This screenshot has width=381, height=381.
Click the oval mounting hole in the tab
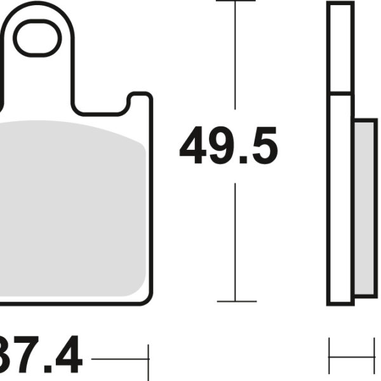pos(38,39)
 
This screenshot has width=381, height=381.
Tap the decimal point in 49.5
pos(243,161)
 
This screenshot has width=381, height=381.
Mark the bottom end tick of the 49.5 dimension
pos(236,301)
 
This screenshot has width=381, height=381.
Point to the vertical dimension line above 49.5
pos(236,57)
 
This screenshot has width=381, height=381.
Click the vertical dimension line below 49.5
pos(236,241)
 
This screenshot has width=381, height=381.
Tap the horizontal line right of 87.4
pos(119,359)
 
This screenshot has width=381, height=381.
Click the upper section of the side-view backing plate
pos(340,48)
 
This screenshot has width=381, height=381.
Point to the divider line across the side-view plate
pos(340,94)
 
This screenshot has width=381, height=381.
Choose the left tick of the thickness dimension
pos(329,356)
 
